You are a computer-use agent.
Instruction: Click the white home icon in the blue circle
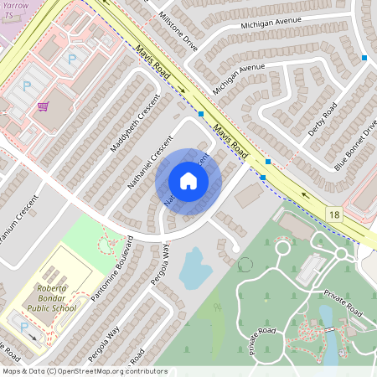pos(188,181)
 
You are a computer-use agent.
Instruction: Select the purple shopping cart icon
pos(43,106)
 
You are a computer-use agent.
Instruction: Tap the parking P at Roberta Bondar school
pos(23,326)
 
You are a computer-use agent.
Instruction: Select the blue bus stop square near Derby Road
pos(364,58)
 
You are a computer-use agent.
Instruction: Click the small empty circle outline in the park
pos(245,265)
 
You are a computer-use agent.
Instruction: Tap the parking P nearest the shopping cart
pos(27,86)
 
